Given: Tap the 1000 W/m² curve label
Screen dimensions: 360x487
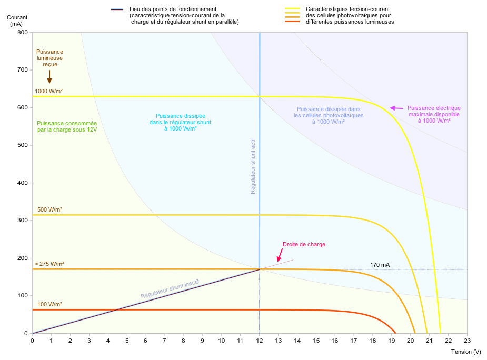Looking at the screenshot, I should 48,91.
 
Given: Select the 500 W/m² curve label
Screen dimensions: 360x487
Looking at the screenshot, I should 48,209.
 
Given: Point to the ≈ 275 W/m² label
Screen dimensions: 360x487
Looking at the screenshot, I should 49,264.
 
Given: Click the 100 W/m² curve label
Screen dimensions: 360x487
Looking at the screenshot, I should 48,305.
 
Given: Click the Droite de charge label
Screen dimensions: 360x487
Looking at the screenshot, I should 304,244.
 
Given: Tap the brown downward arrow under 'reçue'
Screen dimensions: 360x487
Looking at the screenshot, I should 49,77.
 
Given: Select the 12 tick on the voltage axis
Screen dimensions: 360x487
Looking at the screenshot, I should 259,341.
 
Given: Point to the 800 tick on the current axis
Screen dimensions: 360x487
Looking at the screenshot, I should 22,33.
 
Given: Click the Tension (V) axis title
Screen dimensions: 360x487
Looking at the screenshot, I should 466,351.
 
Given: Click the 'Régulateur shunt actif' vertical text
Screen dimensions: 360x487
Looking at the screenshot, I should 253,166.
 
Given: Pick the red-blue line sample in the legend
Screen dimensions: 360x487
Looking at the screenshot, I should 117,9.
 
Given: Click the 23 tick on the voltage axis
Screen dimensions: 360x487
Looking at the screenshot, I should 467,341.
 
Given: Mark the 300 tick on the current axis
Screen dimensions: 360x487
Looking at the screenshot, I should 22,221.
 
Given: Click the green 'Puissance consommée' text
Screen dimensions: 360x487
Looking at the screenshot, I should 67,126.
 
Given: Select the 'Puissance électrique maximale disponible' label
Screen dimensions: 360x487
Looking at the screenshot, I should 434,114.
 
